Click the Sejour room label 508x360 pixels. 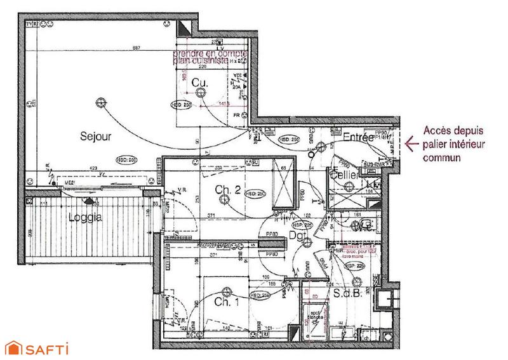point(96,136)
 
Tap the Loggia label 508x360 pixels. point(86,215)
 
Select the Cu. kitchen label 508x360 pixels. point(200,82)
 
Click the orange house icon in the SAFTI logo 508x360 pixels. point(13,347)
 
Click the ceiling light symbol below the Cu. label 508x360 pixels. point(201,93)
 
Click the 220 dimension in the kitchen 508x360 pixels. point(203,67)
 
